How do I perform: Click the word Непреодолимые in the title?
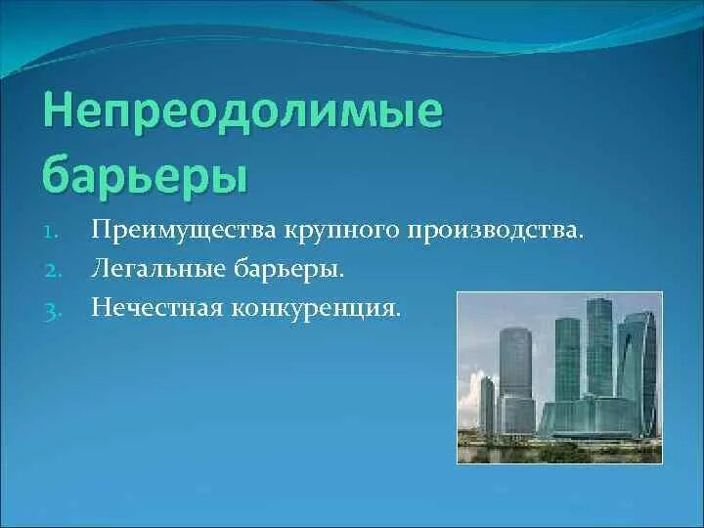point(242,115)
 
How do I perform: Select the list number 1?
point(54,233)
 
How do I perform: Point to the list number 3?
point(54,309)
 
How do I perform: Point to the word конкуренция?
point(317,308)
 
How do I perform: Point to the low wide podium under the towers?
point(587,418)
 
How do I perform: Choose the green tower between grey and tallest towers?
point(566,357)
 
